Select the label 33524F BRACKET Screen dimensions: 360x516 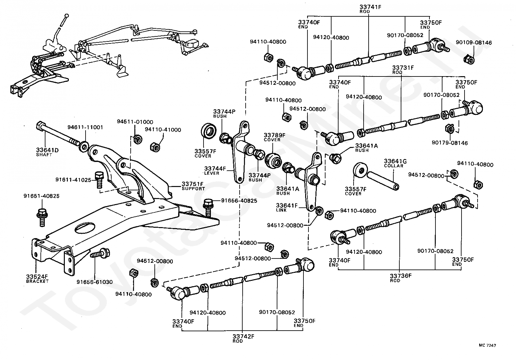tap(37, 277)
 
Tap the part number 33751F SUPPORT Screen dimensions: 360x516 tap(192, 184)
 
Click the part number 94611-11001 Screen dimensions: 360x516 tap(85, 127)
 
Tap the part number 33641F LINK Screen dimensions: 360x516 tap(287, 205)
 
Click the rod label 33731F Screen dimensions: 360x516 tap(403, 67)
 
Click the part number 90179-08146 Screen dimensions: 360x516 tap(449, 143)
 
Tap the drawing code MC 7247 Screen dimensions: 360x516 tap(487, 345)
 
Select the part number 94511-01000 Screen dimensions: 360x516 tap(135, 122)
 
